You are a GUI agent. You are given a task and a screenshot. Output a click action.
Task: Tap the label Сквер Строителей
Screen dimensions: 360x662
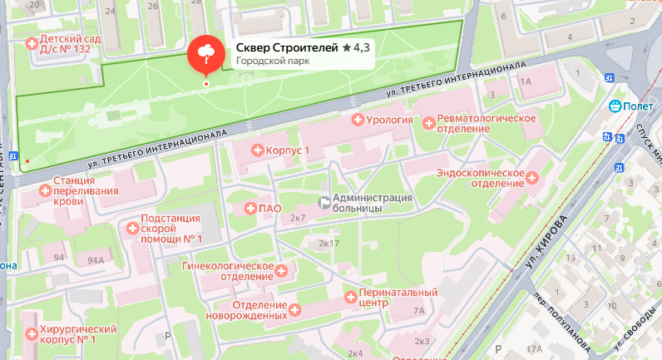(287, 49)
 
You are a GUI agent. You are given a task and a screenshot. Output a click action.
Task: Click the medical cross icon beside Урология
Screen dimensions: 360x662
(359, 121)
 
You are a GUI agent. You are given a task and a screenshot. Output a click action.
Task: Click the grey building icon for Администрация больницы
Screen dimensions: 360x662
(324, 202)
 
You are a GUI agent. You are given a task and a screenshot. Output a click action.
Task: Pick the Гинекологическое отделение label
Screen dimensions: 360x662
(227, 271)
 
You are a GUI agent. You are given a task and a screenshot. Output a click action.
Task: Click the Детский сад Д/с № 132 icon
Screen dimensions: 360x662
(32, 43)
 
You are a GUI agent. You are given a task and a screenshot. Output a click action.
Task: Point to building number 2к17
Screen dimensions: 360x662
(329, 244)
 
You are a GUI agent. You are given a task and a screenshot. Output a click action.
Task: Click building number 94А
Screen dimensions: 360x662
(96, 260)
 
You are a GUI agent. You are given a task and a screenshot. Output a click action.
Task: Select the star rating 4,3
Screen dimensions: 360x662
(356, 49)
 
